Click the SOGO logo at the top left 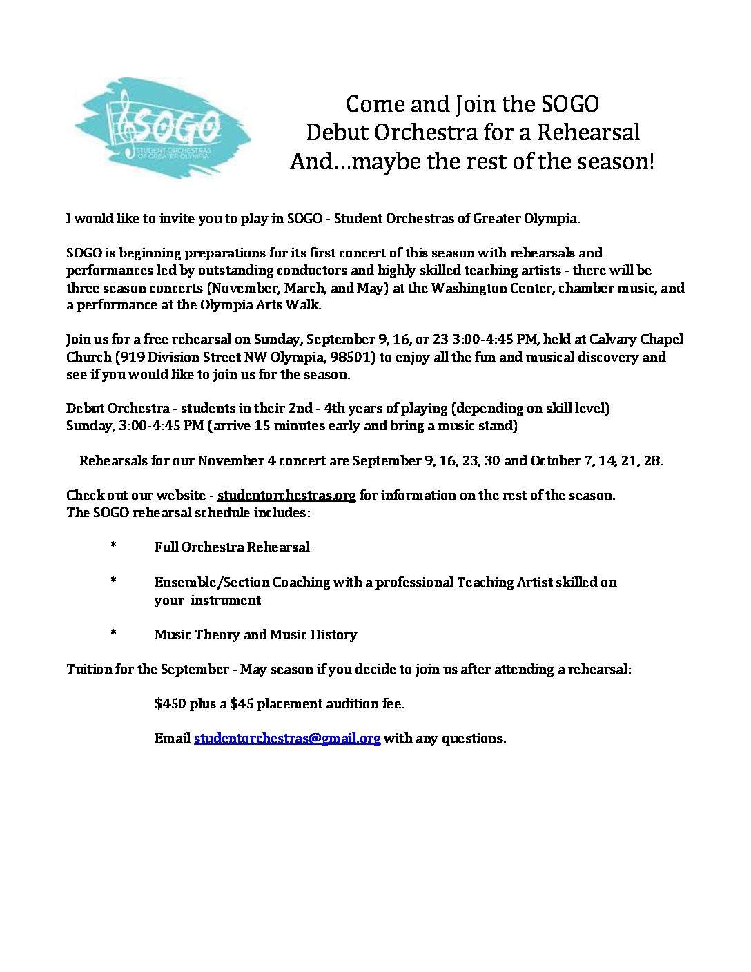(x=163, y=128)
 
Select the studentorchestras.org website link (x=286, y=495)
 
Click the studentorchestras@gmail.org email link (x=287, y=738)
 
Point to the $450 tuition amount (x=170, y=703)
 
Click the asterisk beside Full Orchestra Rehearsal (x=113, y=547)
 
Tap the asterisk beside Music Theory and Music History (x=113, y=634)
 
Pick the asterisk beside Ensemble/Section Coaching (x=113, y=582)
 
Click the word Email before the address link (x=172, y=738)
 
